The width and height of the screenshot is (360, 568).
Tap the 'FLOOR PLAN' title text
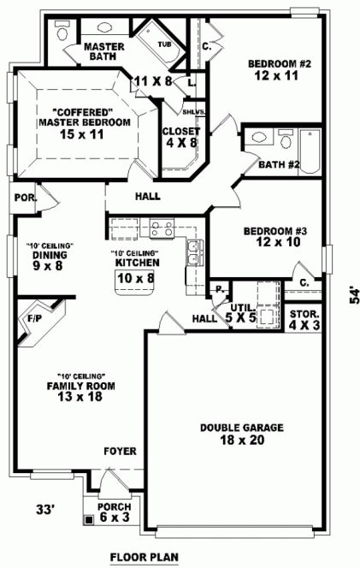click(x=144, y=558)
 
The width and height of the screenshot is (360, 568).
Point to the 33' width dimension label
click(x=44, y=511)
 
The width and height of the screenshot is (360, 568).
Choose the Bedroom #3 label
click(x=269, y=237)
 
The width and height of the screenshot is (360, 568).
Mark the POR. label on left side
click(x=24, y=198)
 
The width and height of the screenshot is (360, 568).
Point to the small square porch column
click(x=88, y=519)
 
